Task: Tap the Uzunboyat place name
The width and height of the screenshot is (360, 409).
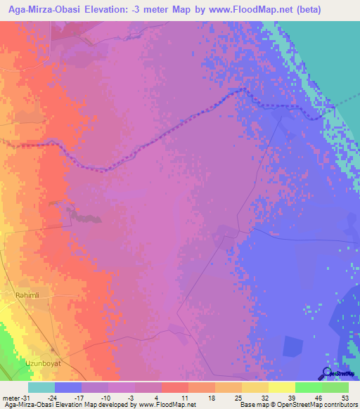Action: pyautogui.click(x=35, y=346)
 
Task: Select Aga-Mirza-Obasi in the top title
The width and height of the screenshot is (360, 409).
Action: pyautogui.click(x=51, y=10)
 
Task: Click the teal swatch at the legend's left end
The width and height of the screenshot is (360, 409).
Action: pyautogui.click(x=41, y=387)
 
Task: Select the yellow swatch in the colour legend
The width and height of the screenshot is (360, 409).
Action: pyautogui.click(x=281, y=387)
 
